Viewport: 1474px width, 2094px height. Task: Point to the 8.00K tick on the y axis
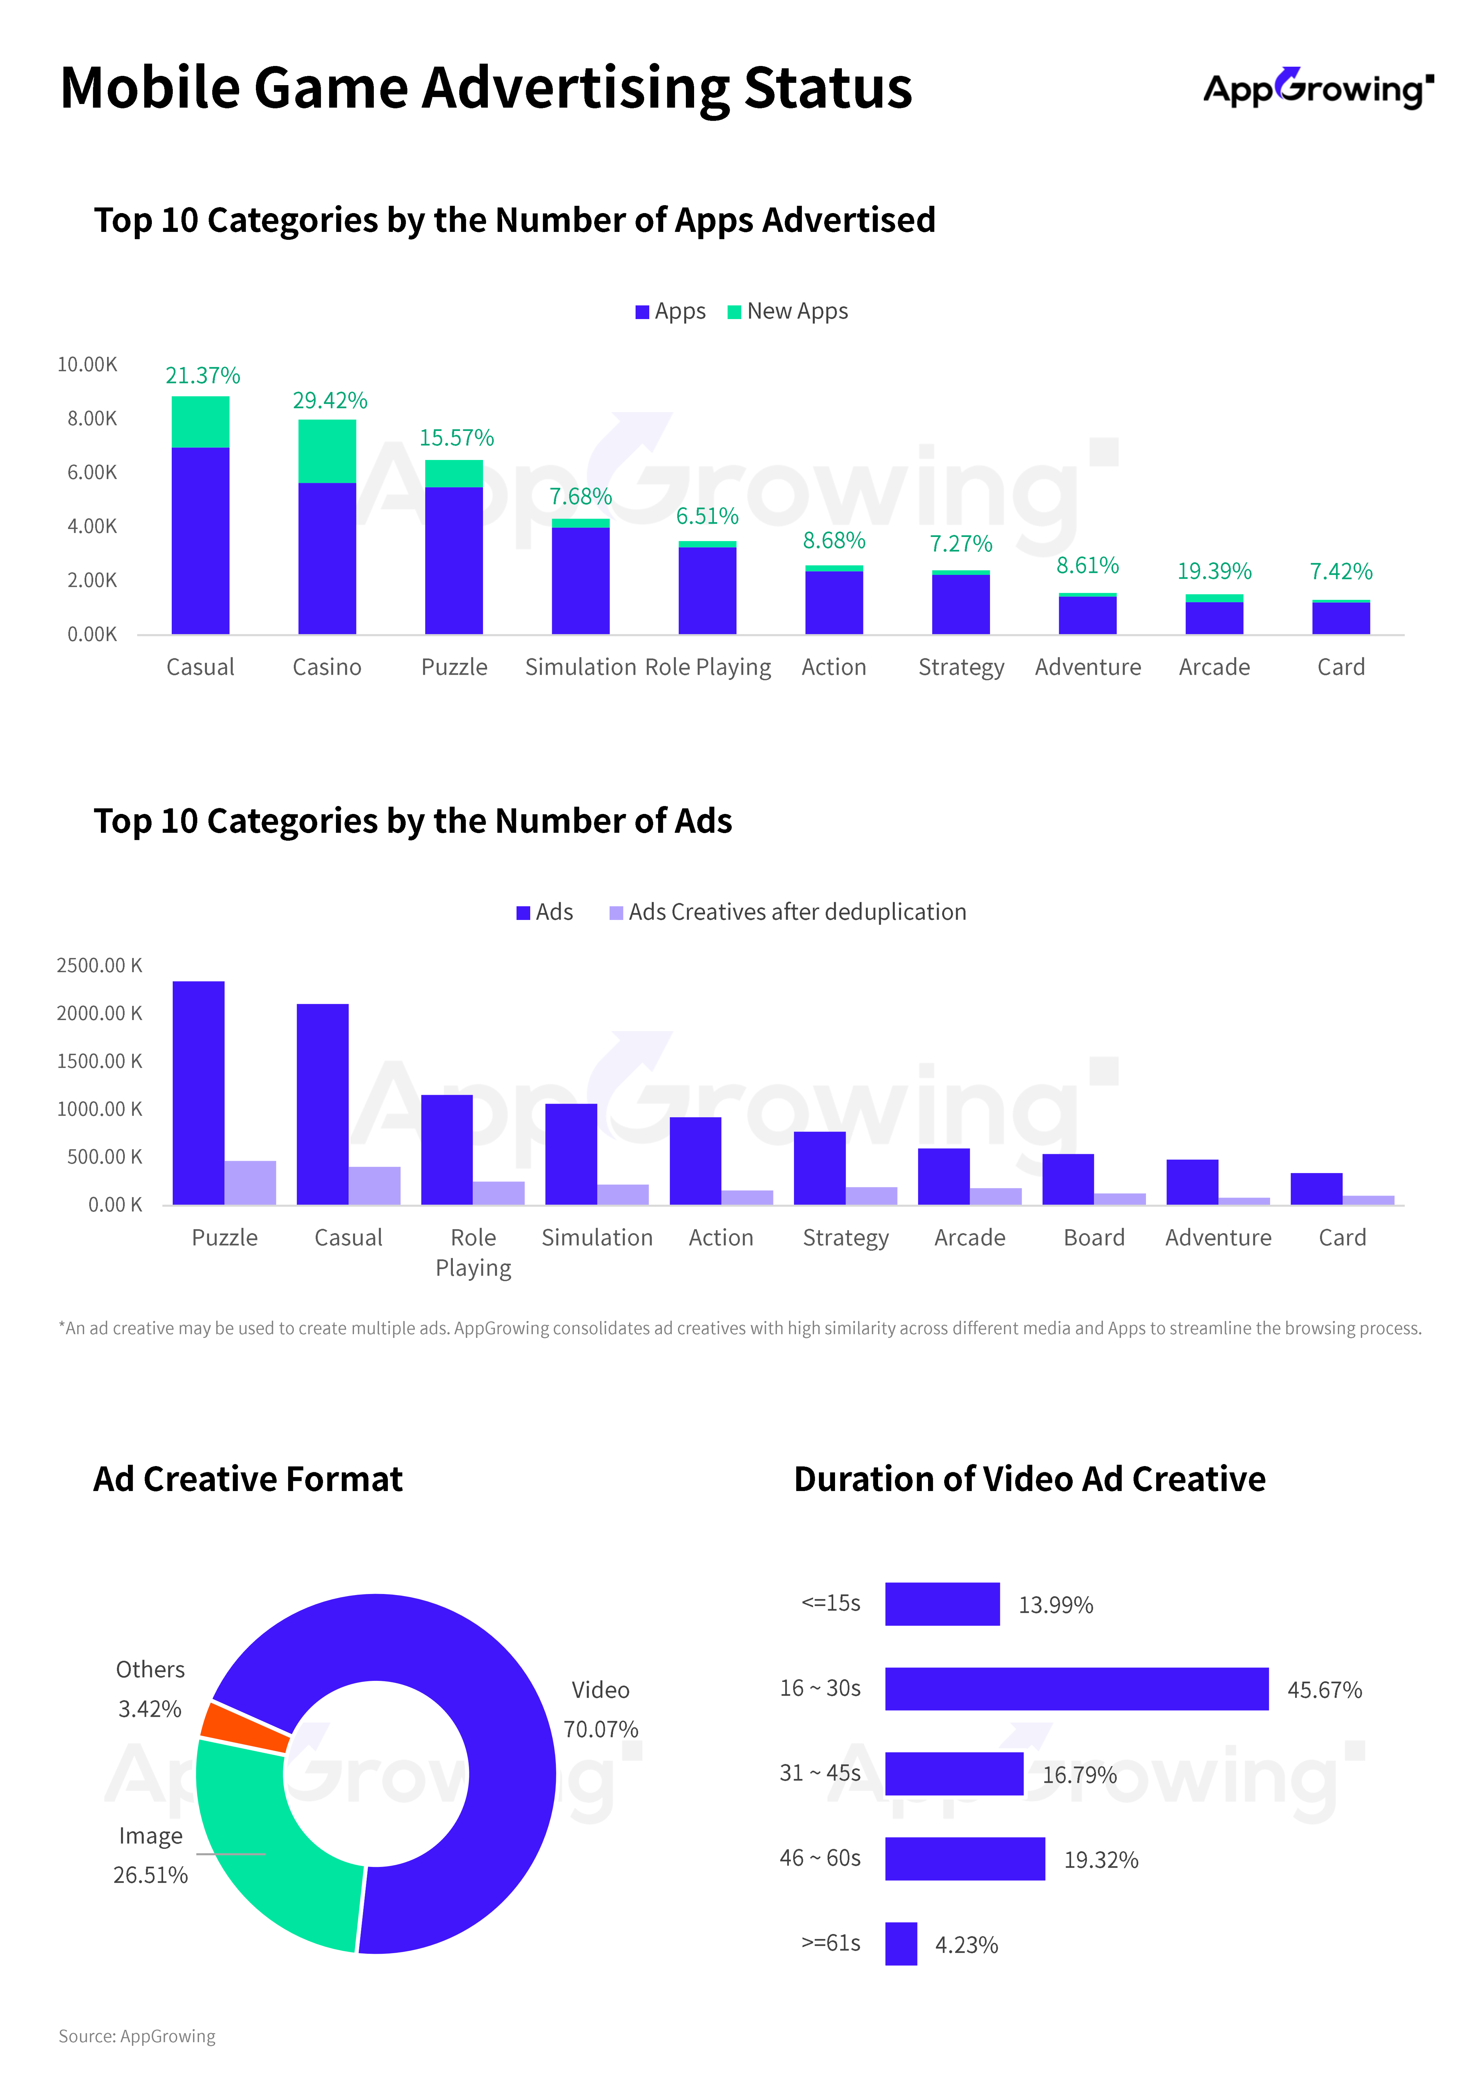point(92,419)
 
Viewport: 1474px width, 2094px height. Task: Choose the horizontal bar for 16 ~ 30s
point(1076,1689)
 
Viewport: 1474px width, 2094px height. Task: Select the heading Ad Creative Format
point(248,1479)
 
